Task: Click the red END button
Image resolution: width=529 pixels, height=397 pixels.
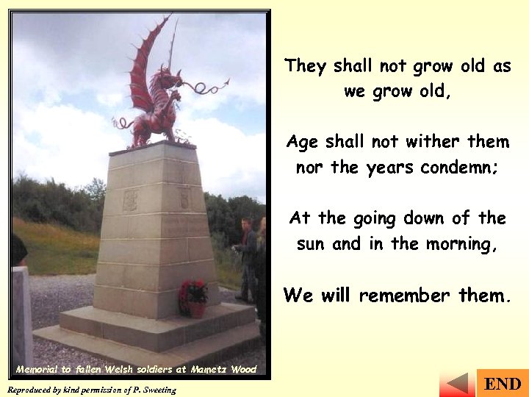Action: [503, 384]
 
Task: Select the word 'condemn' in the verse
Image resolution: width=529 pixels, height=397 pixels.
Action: [459, 168]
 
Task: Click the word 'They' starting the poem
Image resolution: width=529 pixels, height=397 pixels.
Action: [306, 66]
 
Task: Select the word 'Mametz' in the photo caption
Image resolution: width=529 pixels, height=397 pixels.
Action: [210, 369]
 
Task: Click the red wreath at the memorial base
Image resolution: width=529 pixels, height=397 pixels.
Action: [194, 298]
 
